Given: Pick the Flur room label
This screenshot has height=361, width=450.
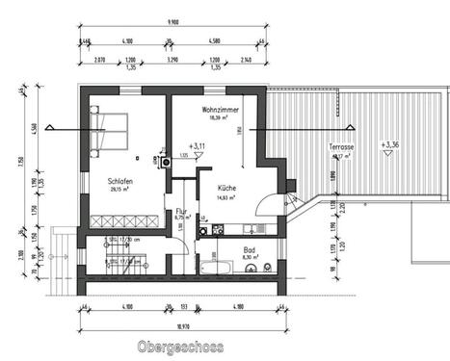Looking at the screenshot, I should pos(180,211).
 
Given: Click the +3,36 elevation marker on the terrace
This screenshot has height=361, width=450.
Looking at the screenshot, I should pos(389,145).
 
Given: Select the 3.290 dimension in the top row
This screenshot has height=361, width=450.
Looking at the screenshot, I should pos(173,60).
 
